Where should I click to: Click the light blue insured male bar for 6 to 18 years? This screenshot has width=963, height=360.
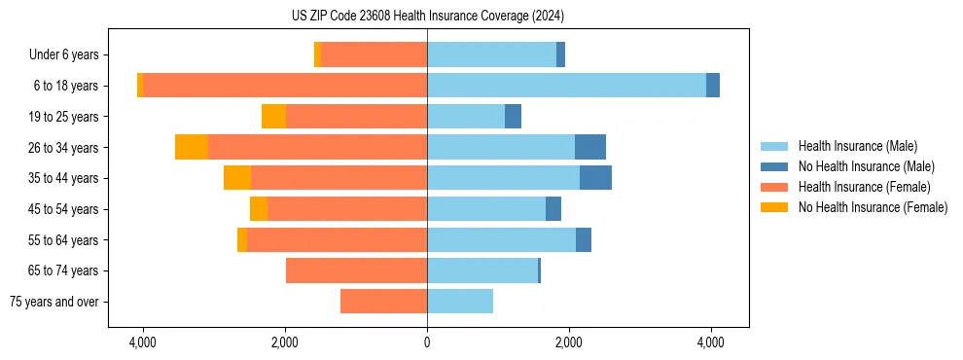pos(566,86)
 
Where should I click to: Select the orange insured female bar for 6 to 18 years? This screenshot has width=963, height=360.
pos(285,86)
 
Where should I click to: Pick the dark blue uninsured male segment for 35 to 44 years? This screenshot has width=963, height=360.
pos(595,178)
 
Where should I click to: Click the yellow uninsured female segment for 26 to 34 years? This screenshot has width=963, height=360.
pos(192,147)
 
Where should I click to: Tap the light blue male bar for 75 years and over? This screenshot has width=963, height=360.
pos(460,302)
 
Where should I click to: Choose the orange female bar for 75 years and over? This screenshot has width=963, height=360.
pos(383,302)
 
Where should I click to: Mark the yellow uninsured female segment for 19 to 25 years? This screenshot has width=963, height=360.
pos(273,117)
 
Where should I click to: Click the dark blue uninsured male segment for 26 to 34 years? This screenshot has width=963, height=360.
pos(590,147)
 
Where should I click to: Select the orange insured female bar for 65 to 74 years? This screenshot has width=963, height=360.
pos(356,270)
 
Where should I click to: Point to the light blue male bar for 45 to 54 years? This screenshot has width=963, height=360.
pos(486,209)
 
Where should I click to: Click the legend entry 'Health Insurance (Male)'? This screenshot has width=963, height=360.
pos(857,146)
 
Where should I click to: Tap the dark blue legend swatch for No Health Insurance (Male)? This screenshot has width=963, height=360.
pos(775,166)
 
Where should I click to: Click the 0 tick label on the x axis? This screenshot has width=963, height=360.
pos(427,342)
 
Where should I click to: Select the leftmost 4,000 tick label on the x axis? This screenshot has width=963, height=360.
pos(143,342)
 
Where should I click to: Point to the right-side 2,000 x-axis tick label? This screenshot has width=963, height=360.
pos(569,342)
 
